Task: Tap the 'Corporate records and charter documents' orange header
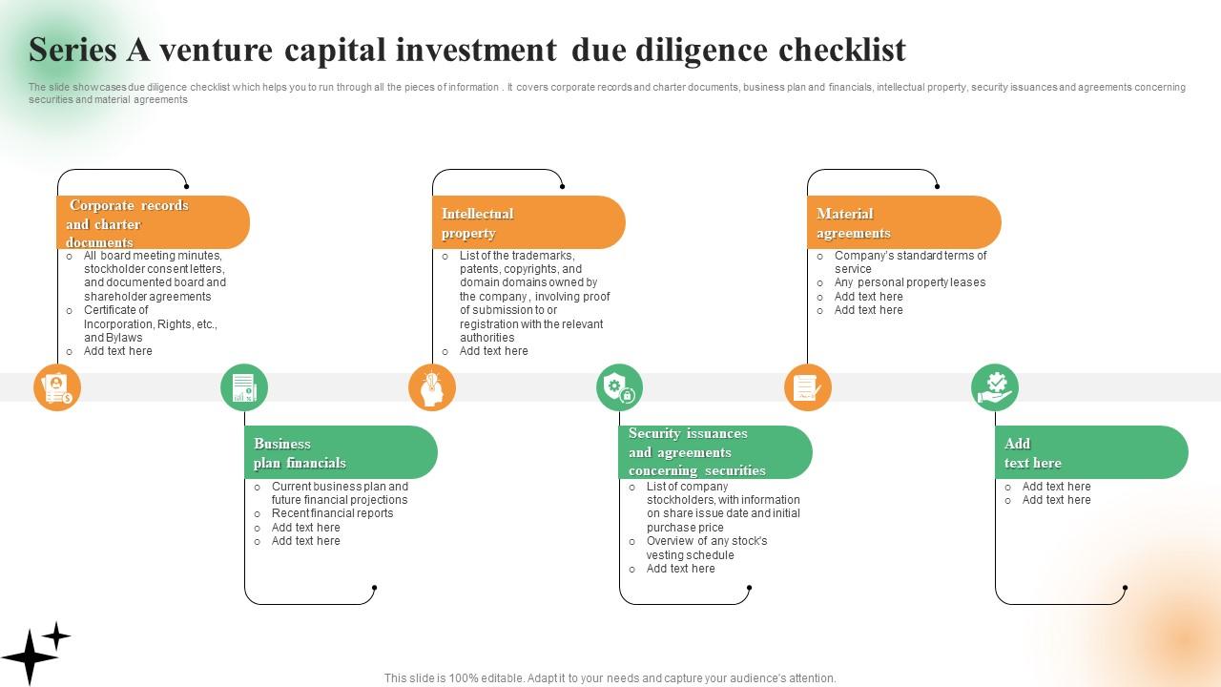tap(153, 223)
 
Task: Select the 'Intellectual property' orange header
tap(528, 223)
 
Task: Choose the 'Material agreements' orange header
tap(903, 223)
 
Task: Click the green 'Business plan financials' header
tap(341, 453)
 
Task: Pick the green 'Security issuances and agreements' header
tap(715, 452)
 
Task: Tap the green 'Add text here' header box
tap(1091, 453)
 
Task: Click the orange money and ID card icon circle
tap(57, 388)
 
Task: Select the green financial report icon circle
tap(244, 388)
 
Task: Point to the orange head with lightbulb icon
tap(432, 388)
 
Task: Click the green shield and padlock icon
tap(620, 388)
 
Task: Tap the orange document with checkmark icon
tap(807, 388)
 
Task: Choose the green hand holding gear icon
tap(995, 388)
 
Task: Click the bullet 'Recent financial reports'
tap(332, 513)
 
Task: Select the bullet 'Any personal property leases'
tap(909, 282)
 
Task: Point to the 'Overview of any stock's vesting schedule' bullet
tap(706, 548)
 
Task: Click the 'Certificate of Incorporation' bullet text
tap(150, 323)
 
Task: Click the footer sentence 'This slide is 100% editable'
tap(610, 678)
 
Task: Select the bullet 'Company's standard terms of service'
tap(909, 261)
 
